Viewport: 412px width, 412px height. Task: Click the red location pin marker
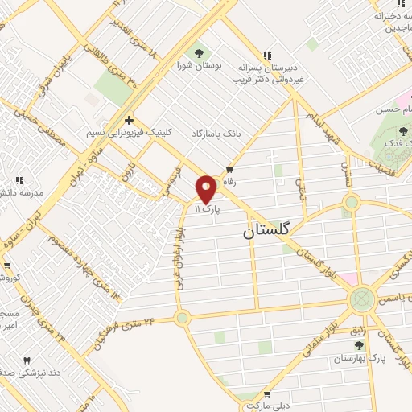pyautogui.click(x=206, y=187)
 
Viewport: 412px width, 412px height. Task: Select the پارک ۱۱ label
pyautogui.click(x=206, y=208)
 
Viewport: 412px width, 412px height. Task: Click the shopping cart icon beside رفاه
pyautogui.click(x=229, y=170)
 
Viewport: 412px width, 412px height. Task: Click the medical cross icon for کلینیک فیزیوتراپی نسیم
pyautogui.click(x=128, y=120)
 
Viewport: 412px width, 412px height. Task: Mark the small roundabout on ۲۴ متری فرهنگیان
pyautogui.click(x=182, y=317)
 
